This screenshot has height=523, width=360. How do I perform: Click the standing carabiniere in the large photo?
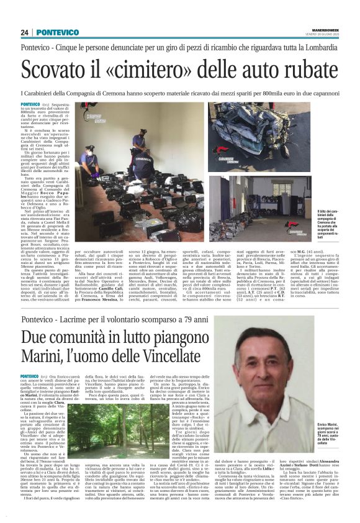tap(138, 143)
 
